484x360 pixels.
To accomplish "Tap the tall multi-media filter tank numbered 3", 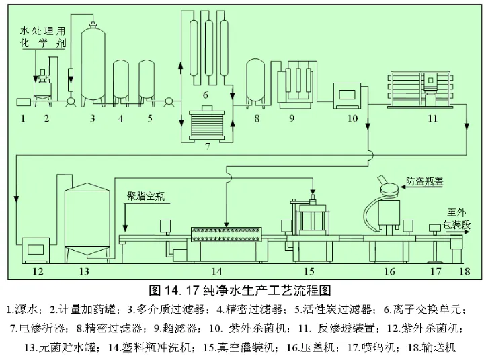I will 93,67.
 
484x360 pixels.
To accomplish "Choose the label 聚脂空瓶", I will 149,196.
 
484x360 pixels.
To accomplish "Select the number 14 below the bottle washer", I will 216,271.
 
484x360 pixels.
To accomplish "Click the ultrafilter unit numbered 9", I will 294,84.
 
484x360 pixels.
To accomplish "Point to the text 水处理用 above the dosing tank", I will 42,30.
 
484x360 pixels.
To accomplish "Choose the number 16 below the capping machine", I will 389,271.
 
